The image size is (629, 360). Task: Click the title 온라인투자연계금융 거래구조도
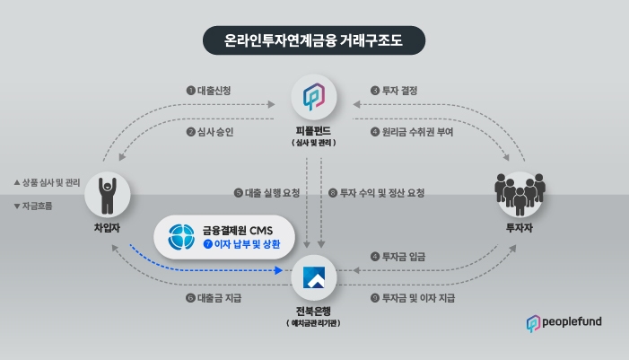[x=313, y=40]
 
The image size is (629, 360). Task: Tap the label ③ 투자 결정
[x=395, y=91]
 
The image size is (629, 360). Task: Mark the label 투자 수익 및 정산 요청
[x=377, y=193]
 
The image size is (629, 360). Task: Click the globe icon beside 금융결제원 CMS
[x=180, y=235]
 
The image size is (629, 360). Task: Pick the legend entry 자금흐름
[x=35, y=206]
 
